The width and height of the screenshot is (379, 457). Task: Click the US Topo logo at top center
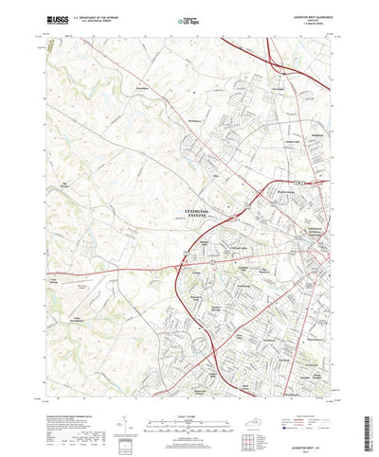click(189, 19)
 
